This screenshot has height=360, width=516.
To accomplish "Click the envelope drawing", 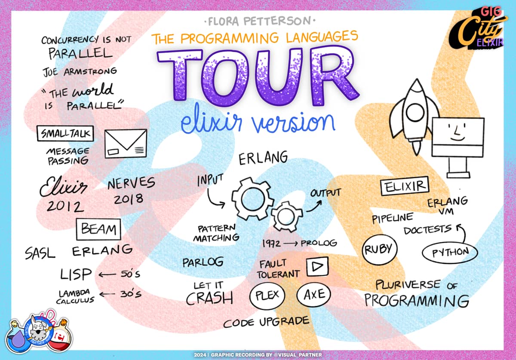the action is click(126, 143).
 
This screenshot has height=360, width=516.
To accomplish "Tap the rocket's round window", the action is click(415, 113).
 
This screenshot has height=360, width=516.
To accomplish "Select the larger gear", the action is click(252, 198).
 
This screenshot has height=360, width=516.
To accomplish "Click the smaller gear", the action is click(286, 217).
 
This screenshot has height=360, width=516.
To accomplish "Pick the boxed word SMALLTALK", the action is click(65, 134).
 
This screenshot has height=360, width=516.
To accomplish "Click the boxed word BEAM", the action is click(98, 229).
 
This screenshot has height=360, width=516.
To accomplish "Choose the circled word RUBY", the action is click(380, 250).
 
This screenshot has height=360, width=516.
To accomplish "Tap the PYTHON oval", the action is click(450, 253).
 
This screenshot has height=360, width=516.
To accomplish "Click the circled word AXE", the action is click(314, 294).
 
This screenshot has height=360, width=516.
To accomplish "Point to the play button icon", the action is click(317, 267).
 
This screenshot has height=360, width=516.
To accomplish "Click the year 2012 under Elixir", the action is click(65, 206).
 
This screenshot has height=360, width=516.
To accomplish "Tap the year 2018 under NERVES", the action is click(129, 199).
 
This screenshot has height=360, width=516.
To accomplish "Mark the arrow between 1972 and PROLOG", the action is click(291, 243).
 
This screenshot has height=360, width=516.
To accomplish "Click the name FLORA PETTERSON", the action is click(260, 21).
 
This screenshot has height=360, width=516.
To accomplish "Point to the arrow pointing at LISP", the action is click(107, 274).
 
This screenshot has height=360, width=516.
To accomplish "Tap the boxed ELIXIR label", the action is click(405, 186).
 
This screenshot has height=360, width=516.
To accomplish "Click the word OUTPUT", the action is click(325, 193).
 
